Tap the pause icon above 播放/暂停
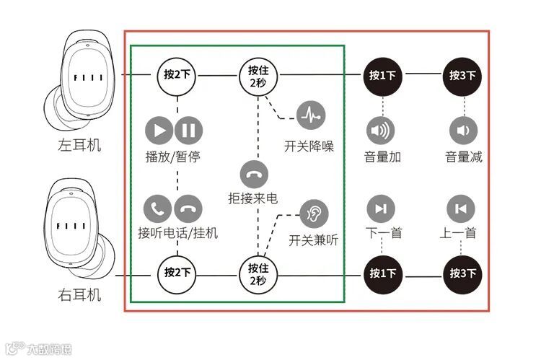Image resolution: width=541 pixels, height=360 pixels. click(x=188, y=131)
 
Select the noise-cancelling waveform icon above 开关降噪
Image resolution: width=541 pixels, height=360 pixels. click(x=311, y=114)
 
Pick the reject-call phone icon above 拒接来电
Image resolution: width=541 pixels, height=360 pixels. click(x=253, y=174)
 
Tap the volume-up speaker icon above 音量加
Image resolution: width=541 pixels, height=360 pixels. click(x=380, y=131)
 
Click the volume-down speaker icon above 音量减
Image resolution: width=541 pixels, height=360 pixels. click(x=463, y=131)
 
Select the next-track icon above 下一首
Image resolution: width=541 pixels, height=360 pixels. click(x=380, y=209)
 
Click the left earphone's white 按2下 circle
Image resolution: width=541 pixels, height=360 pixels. click(x=177, y=74)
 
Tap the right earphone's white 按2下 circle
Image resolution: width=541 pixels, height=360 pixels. click(x=177, y=273)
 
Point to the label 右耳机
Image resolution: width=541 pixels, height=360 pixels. click(x=79, y=295)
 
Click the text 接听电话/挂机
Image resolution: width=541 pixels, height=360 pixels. click(x=177, y=233)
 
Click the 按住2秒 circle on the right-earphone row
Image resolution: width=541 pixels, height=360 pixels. click(x=258, y=273)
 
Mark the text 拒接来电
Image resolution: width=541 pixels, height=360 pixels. click(x=253, y=198)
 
